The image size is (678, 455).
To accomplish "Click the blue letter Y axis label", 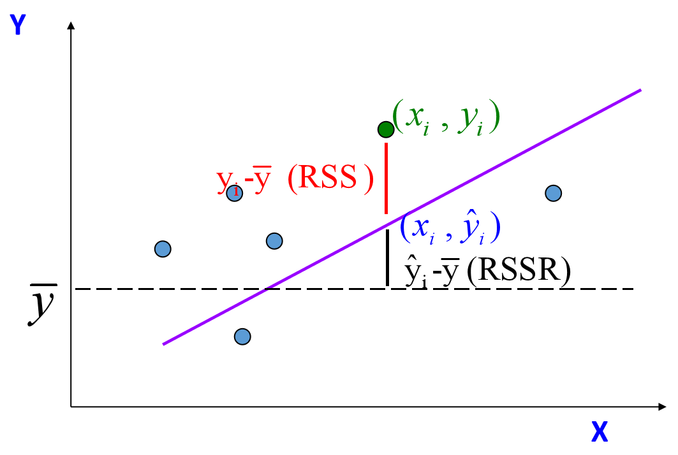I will [18, 25].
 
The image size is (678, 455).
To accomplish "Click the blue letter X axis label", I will [600, 432].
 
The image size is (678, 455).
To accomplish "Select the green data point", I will [386, 129].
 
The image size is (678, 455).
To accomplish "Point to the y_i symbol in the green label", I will [471, 118].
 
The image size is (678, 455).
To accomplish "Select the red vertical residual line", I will [386, 178].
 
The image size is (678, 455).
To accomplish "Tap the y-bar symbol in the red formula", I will [262, 178].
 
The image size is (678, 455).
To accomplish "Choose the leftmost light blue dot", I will [163, 249].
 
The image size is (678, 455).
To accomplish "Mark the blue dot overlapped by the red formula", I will [235, 193].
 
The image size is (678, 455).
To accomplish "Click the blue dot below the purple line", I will [242, 336].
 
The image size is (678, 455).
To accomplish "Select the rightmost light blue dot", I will [554, 193].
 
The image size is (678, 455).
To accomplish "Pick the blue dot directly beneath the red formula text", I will [274, 241].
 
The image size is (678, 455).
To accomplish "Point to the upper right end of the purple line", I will [639, 91].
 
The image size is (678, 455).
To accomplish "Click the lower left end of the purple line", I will [165, 343].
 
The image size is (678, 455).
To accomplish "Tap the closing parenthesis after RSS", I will [368, 179].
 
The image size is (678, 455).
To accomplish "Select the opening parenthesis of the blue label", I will [404, 227].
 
